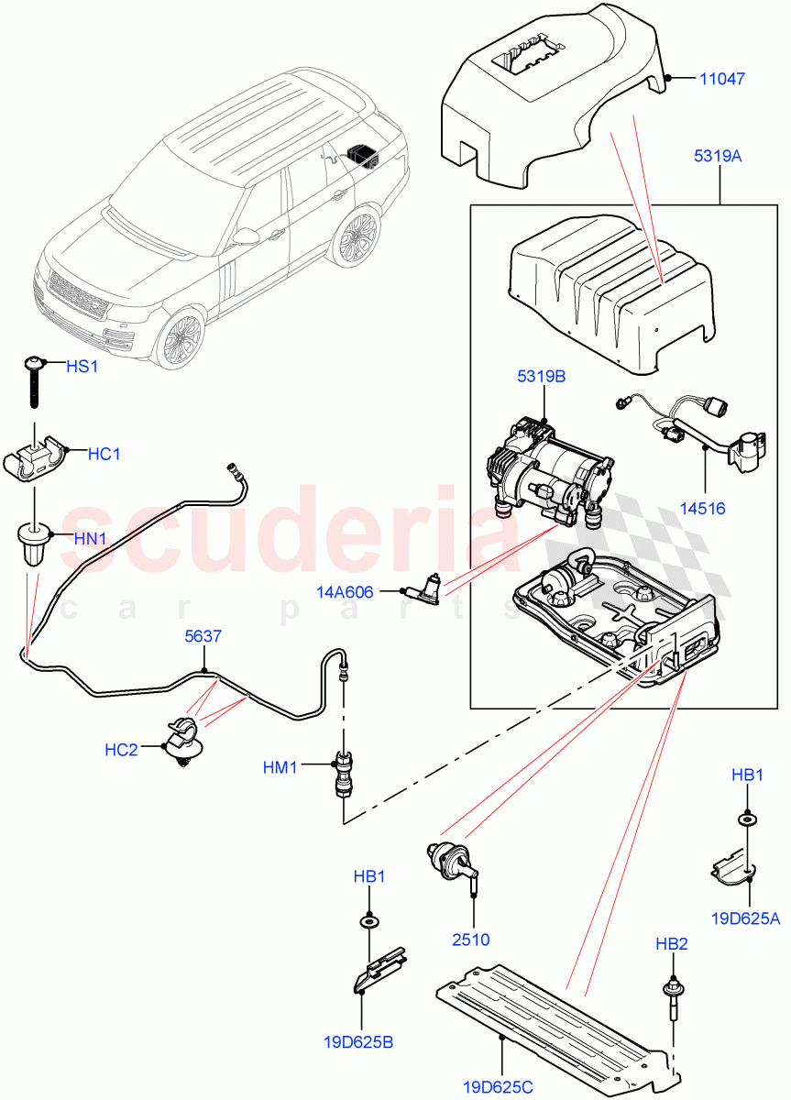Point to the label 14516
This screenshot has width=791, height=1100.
click(704, 503)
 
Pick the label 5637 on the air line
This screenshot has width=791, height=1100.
click(204, 635)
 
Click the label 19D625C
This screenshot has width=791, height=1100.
click(499, 1087)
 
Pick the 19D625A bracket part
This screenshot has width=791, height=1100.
click(733, 867)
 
